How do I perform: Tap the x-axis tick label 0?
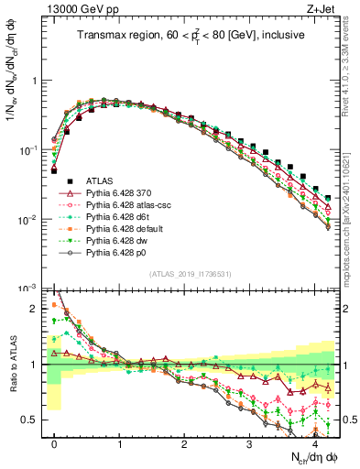point(55,446)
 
